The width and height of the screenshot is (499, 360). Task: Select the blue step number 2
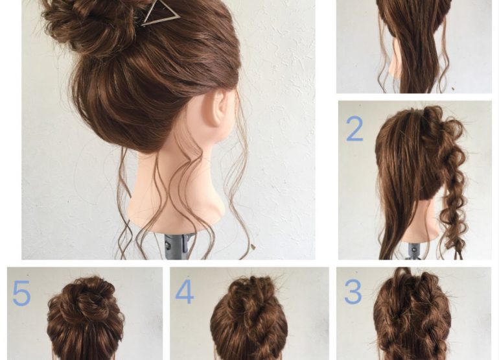click(x=354, y=128)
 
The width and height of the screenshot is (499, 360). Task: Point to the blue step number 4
click(x=185, y=291)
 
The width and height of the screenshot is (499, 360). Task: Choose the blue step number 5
click(x=21, y=293)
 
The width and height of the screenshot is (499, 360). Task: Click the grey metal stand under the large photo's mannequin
click(x=175, y=247)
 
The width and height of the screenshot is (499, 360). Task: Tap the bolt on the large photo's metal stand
click(x=167, y=245)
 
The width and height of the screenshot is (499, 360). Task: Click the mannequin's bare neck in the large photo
click(x=178, y=185)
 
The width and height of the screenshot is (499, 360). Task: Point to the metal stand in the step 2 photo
click(x=414, y=252)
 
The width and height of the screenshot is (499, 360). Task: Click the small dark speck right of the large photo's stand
click(x=253, y=246)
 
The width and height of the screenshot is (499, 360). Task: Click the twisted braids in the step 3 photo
click(x=412, y=318)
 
